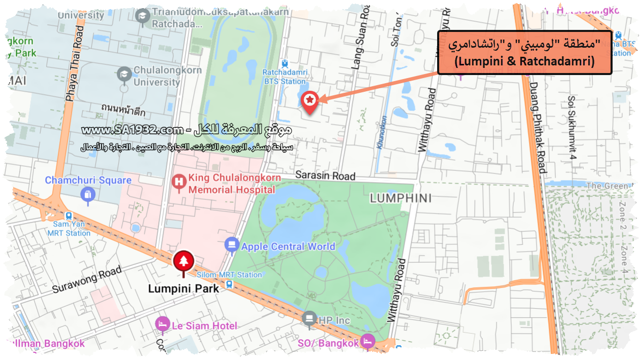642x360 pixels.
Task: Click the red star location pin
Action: pyautogui.click(x=309, y=100)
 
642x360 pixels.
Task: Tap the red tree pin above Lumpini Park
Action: pyautogui.click(x=183, y=262)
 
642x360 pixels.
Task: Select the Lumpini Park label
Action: pyautogui.click(x=183, y=289)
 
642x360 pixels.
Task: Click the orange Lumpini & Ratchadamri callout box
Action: pyautogui.click(x=524, y=52)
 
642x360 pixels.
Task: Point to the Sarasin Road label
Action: pyautogui.click(x=325, y=176)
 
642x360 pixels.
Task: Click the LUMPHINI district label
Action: pyautogui.click(x=401, y=198)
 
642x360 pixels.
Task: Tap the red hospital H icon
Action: pyautogui.click(x=179, y=181)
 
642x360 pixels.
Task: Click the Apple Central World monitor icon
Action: pyautogui.click(x=231, y=244)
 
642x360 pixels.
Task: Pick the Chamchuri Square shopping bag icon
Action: pyautogui.click(x=88, y=194)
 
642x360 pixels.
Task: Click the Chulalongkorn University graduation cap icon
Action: pyautogui.click(x=124, y=75)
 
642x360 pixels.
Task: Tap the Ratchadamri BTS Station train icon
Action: pyautogui.click(x=284, y=64)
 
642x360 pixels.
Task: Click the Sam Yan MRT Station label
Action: pyautogui.click(x=68, y=229)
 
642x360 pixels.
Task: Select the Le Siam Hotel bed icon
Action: pyautogui.click(x=162, y=324)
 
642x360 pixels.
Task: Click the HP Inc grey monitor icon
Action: pyautogui.click(x=309, y=319)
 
